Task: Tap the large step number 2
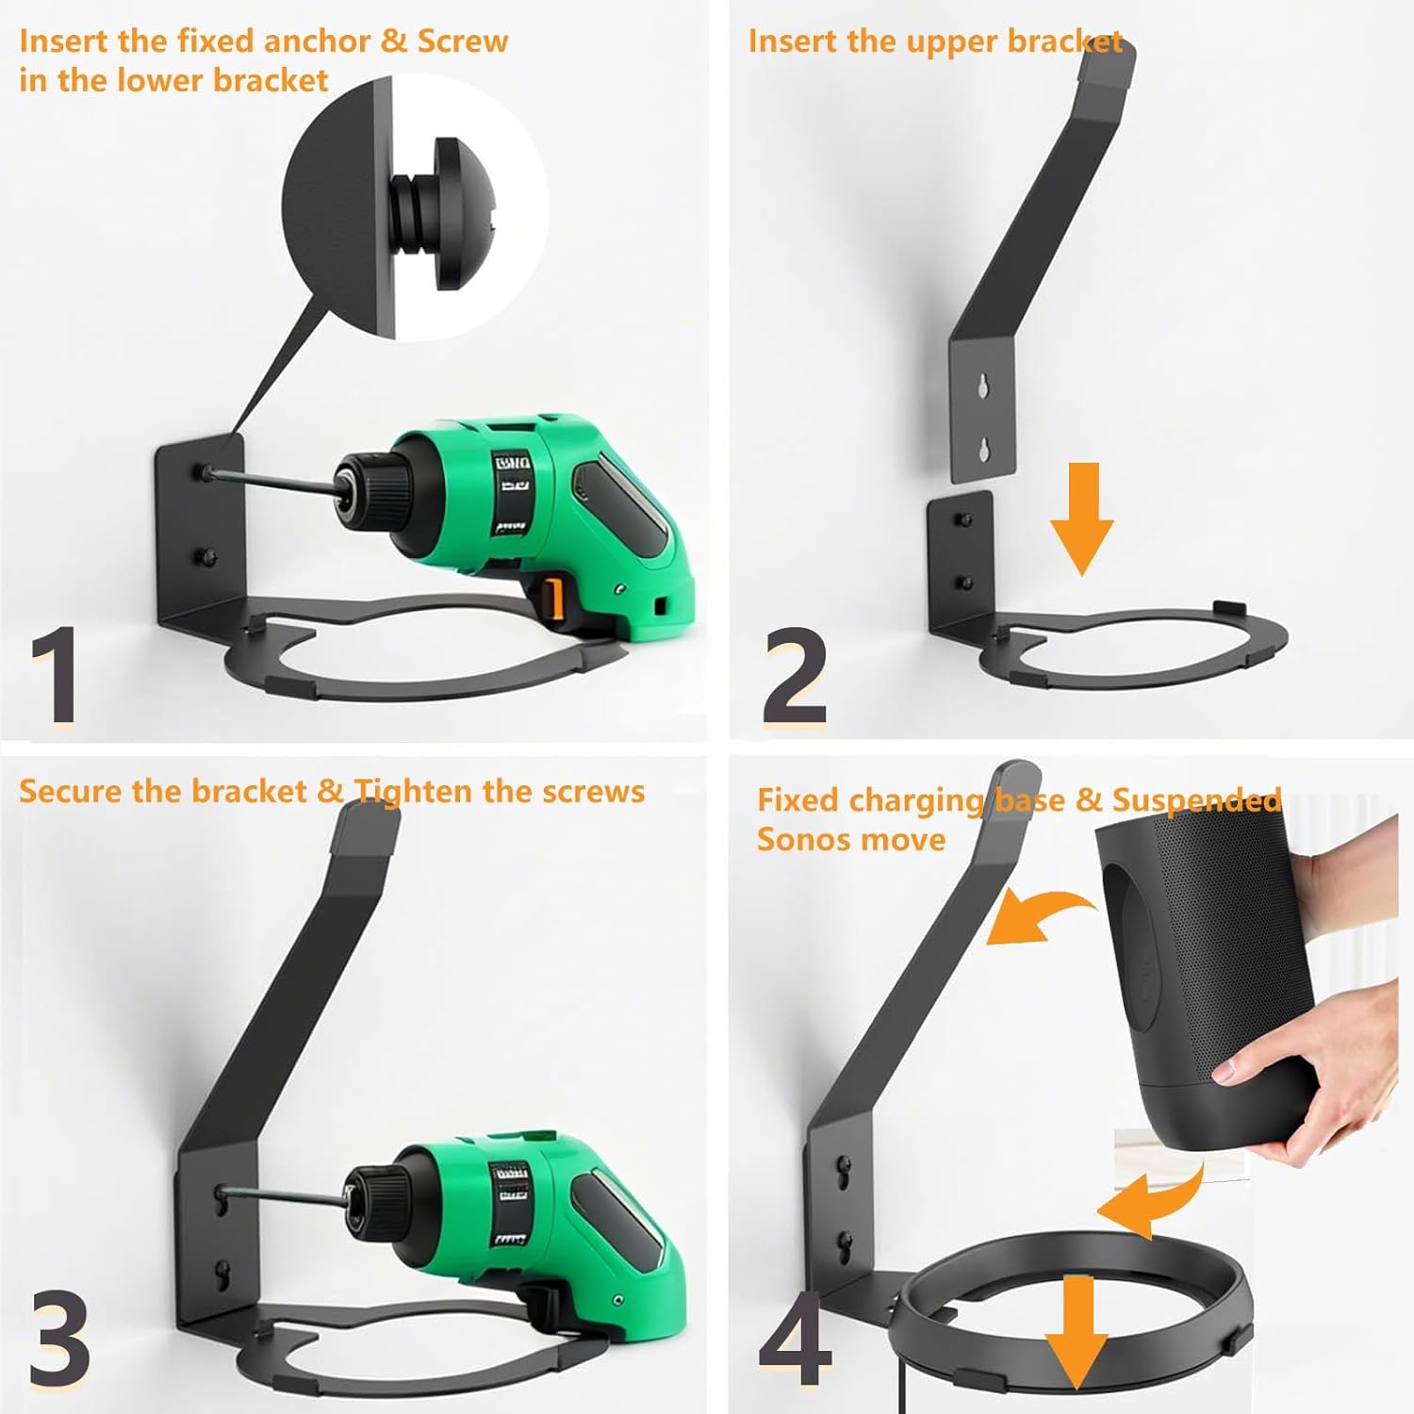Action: click(795, 676)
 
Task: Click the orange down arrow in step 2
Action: click(1082, 518)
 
